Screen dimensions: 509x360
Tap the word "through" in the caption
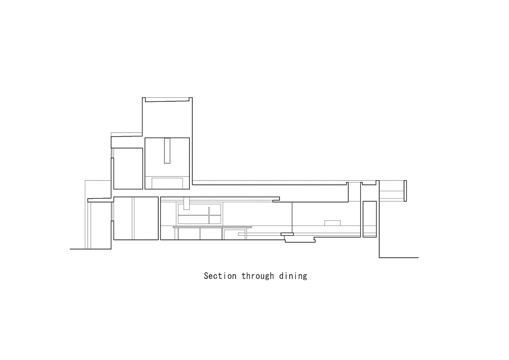click(x=258, y=276)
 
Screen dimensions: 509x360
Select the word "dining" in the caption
click(x=293, y=276)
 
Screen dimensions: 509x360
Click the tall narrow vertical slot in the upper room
click(x=167, y=151)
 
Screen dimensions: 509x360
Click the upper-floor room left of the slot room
click(x=128, y=169)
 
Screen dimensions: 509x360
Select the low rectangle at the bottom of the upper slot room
click(x=167, y=183)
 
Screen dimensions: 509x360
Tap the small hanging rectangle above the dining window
click(x=187, y=203)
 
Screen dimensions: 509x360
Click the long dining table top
click(x=212, y=227)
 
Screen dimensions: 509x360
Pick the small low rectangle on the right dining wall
click(x=332, y=223)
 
